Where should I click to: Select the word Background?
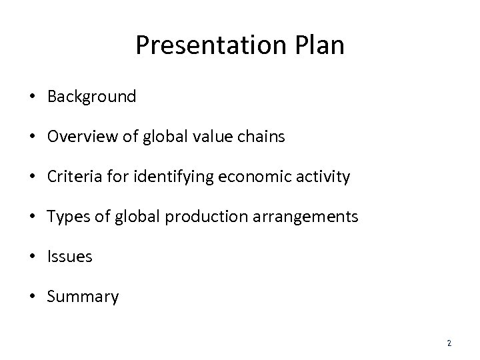click(x=91, y=97)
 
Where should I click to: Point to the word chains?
click(x=263, y=137)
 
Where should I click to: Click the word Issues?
click(x=70, y=257)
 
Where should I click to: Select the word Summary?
click(x=83, y=297)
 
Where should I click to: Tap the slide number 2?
click(x=449, y=343)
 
